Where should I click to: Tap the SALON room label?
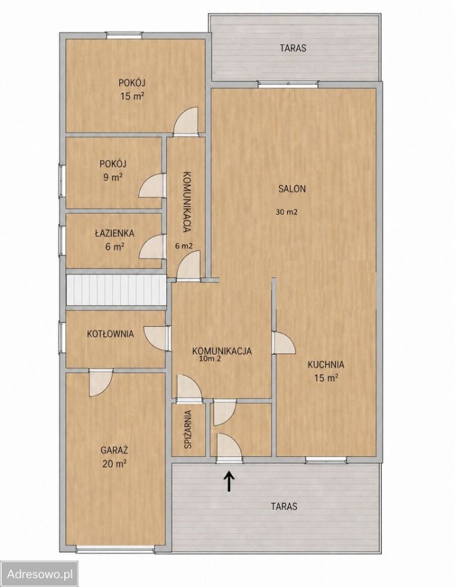pos(292,189)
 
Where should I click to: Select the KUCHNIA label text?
pos(326,364)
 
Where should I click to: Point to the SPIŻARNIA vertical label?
pos(188,429)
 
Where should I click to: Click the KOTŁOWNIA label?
pos(110,334)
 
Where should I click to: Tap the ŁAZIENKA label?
pos(114,233)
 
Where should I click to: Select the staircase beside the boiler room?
pos(116,290)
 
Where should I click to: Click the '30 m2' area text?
pos(286,212)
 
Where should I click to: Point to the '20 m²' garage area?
pos(114,464)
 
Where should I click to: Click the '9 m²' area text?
pos(113,177)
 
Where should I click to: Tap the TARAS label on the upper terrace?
pos(293,48)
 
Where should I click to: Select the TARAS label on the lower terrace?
pos(284,506)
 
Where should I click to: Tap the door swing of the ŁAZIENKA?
pos(152,246)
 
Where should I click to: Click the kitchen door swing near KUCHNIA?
pos(284,342)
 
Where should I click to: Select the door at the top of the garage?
pos(101,382)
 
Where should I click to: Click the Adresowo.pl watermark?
pos(40,574)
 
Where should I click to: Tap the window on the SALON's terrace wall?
pos(288,84)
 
